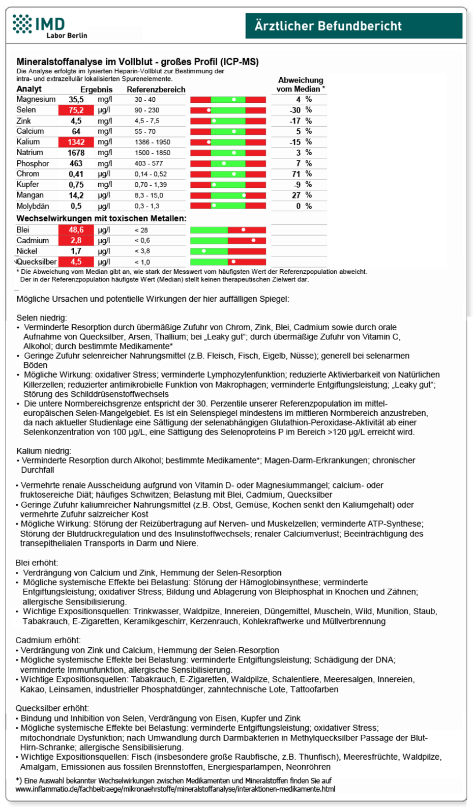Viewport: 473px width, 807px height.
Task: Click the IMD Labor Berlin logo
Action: coord(49,26)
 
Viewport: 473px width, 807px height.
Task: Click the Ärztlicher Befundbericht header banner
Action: coord(353,26)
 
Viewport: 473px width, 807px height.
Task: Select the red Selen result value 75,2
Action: coord(76,110)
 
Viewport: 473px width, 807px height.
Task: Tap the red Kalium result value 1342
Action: coord(76,142)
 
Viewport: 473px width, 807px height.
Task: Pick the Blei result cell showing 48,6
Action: coord(76,230)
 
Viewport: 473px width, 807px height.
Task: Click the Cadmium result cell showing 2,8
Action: coord(76,241)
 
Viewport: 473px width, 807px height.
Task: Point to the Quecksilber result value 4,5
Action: coord(76,262)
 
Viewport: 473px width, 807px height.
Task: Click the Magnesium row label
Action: coord(36,99)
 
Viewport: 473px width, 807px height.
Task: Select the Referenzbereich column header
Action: coord(156,90)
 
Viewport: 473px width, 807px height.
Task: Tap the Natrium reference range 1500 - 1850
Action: coord(152,153)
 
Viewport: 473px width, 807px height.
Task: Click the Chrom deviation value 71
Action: coord(296,174)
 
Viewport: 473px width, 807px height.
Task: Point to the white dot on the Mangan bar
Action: coord(244,195)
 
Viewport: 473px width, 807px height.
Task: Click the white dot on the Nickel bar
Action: coord(204,251)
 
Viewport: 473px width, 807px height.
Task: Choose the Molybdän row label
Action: coord(33,206)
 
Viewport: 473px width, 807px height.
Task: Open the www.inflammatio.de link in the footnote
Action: coord(175,789)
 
